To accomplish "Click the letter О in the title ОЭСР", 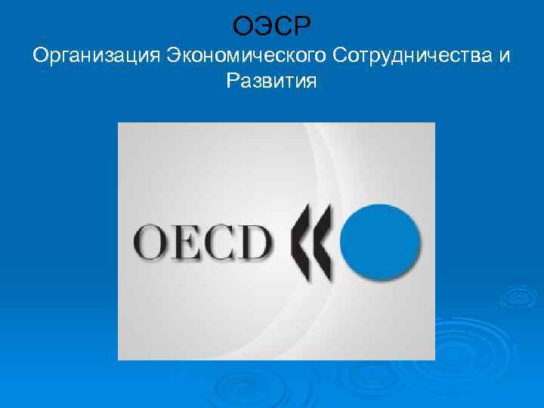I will coord(244,27).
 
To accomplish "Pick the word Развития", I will coord(270,81).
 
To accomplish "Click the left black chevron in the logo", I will coord(303,239).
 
